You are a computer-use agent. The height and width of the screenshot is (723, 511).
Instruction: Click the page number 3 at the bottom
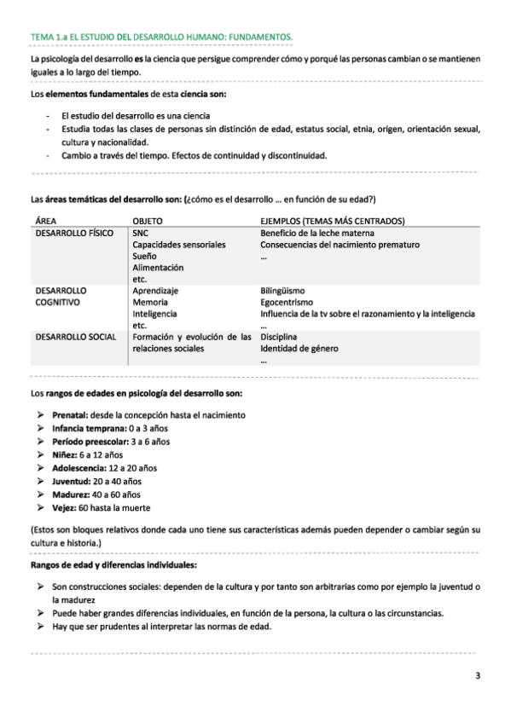point(478,677)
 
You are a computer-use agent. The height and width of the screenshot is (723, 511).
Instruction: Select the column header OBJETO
point(148,221)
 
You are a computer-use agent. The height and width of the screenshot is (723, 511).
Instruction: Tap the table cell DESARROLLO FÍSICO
point(74,233)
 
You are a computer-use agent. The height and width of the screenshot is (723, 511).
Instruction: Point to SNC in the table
point(141,233)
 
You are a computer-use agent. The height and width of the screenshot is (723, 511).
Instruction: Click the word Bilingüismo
point(282,290)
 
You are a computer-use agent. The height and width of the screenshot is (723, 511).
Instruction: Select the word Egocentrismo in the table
point(286,302)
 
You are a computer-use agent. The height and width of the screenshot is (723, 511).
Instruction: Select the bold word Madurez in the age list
point(69,495)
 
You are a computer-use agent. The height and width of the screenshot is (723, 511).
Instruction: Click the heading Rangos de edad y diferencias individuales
point(113,564)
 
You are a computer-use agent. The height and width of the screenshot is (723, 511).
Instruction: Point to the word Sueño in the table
point(144,256)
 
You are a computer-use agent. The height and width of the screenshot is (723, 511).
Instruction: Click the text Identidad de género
point(299,349)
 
